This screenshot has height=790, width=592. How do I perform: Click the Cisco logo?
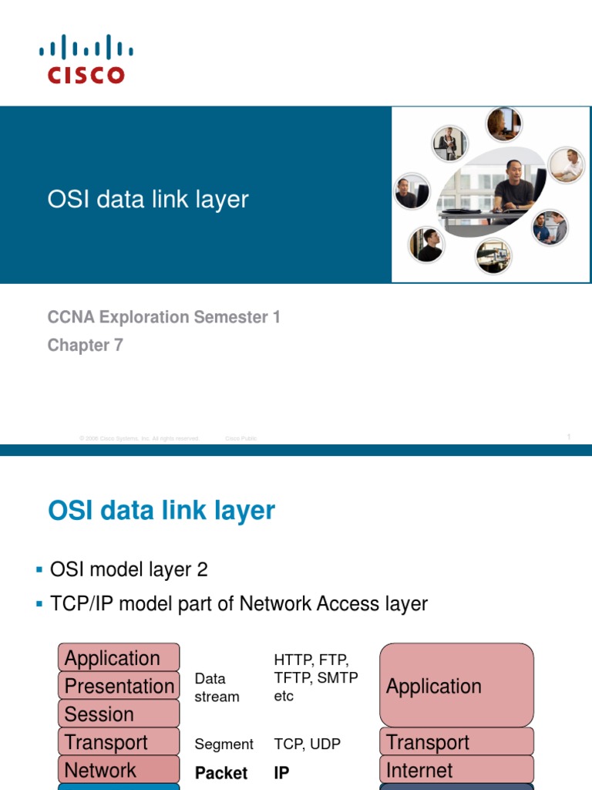(x=86, y=59)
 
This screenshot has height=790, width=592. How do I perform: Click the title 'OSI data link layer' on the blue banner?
(x=148, y=199)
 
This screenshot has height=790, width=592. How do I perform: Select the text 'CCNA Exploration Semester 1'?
(x=163, y=317)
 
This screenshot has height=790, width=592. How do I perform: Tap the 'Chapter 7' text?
(x=85, y=346)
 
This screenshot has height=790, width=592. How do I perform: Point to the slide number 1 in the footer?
(x=568, y=437)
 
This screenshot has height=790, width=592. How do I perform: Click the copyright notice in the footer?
(x=140, y=438)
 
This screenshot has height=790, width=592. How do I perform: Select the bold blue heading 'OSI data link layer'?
(x=161, y=511)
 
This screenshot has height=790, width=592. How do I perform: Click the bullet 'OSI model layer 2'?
(x=129, y=570)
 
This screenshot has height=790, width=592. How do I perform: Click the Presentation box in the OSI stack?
(x=119, y=686)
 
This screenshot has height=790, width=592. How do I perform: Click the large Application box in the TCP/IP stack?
(x=456, y=686)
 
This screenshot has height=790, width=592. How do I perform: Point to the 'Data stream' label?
(x=217, y=687)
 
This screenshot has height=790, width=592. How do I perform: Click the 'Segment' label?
(x=224, y=744)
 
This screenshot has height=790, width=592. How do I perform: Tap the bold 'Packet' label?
(x=221, y=773)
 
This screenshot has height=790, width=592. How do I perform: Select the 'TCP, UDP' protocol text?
(x=307, y=744)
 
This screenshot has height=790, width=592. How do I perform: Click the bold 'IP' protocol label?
(x=281, y=773)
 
